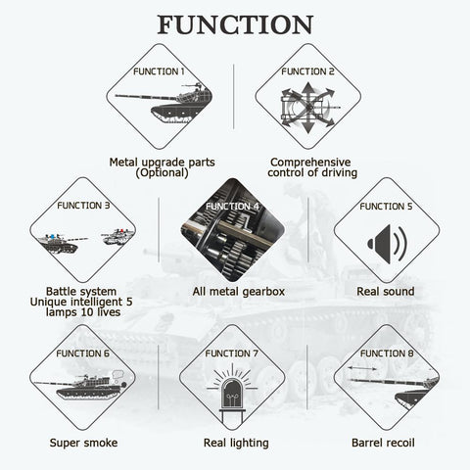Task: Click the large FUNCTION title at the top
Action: pyautogui.click(x=235, y=24)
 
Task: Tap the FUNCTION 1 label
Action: pyautogui.click(x=159, y=71)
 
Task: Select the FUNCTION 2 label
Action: pyautogui.click(x=307, y=71)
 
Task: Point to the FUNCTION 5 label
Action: pyautogui.click(x=386, y=207)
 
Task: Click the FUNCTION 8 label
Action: pyautogui.click(x=387, y=353)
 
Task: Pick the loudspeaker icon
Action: pyautogui.click(x=387, y=244)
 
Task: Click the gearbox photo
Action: pyautogui.click(x=232, y=230)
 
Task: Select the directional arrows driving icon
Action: pyautogui.click(x=307, y=108)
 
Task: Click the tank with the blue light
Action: pyautogui.click(x=62, y=243)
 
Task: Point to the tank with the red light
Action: pyautogui.click(x=118, y=237)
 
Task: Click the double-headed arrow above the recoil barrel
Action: pyautogui.click(x=361, y=368)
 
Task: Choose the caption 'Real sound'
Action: pyautogui.click(x=386, y=291)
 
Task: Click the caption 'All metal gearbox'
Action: pyautogui.click(x=239, y=291)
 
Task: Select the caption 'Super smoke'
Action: pyautogui.click(x=83, y=443)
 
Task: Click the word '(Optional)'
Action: pyautogui.click(x=162, y=172)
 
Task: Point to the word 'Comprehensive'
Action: pyautogui.click(x=310, y=163)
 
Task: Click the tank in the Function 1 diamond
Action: pyautogui.click(x=164, y=103)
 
